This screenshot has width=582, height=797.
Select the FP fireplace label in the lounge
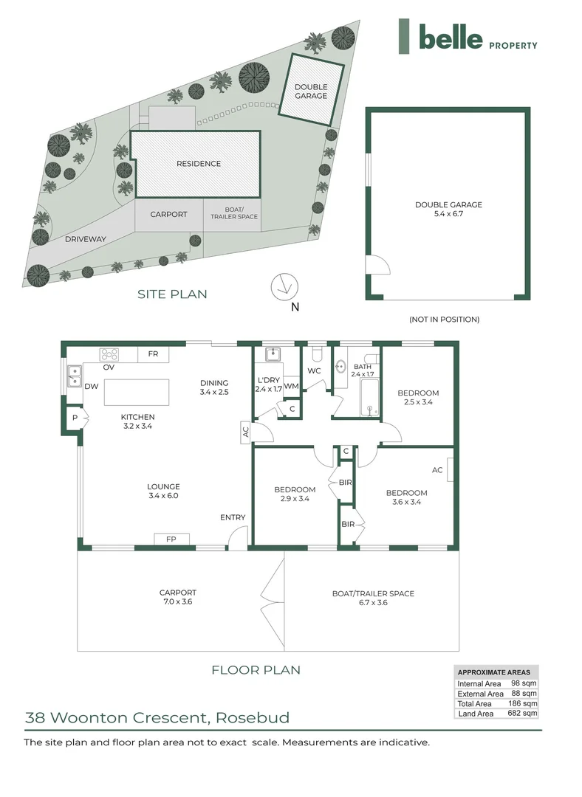pyautogui.click(x=171, y=539)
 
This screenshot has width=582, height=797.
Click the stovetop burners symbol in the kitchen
pyautogui.click(x=109, y=353)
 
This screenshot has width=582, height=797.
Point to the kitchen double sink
pyautogui.click(x=74, y=376)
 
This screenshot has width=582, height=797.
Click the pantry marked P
pyautogui.click(x=75, y=418)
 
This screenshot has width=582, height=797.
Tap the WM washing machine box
pyautogui.click(x=291, y=385)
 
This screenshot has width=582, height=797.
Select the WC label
pyautogui.click(x=314, y=370)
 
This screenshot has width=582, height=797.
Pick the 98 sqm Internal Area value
pyautogui.click(x=524, y=683)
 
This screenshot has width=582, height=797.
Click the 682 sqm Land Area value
pyautogui.click(x=524, y=713)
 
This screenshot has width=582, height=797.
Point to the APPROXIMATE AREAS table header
pyautogui.click(x=494, y=672)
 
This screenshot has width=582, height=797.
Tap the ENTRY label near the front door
pyautogui.click(x=233, y=517)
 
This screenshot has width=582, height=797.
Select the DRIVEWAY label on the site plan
pyautogui.click(x=86, y=239)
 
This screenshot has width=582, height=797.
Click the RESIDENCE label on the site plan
pyautogui.click(x=198, y=164)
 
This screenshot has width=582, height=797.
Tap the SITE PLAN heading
pyautogui.click(x=172, y=294)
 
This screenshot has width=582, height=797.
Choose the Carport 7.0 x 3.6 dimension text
pyautogui.click(x=178, y=602)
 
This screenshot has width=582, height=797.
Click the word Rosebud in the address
pyautogui.click(x=253, y=717)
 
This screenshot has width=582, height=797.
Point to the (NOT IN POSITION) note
pyautogui.click(x=444, y=320)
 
